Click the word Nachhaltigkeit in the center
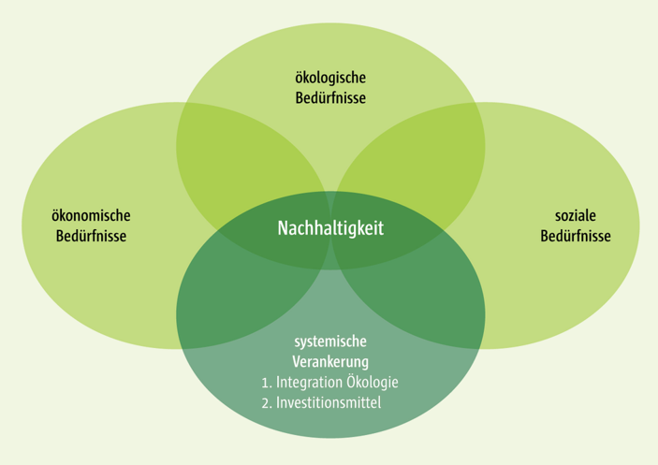(330, 228)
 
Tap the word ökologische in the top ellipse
(329, 78)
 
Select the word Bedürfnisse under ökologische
(329, 97)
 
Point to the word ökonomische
(90, 216)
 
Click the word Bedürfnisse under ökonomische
(90, 236)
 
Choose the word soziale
(575, 216)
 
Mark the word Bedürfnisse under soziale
(575, 236)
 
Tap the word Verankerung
(329, 361)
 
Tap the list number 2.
(265, 403)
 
